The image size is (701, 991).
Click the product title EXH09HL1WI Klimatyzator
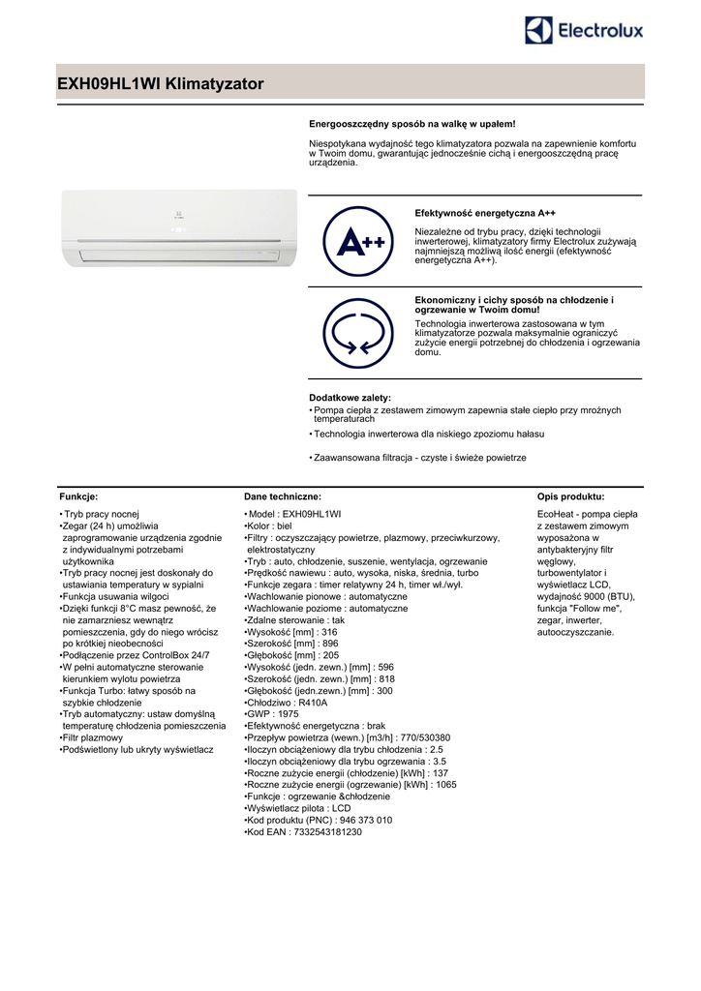tap(161, 85)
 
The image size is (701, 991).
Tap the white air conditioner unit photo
tap(178, 228)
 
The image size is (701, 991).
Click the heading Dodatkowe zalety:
tap(350, 398)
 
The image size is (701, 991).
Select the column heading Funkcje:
tap(78, 495)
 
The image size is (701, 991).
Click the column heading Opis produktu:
tap(570, 495)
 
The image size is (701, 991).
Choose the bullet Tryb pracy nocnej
tap(103, 513)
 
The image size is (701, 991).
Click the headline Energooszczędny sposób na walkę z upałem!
tap(411, 124)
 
